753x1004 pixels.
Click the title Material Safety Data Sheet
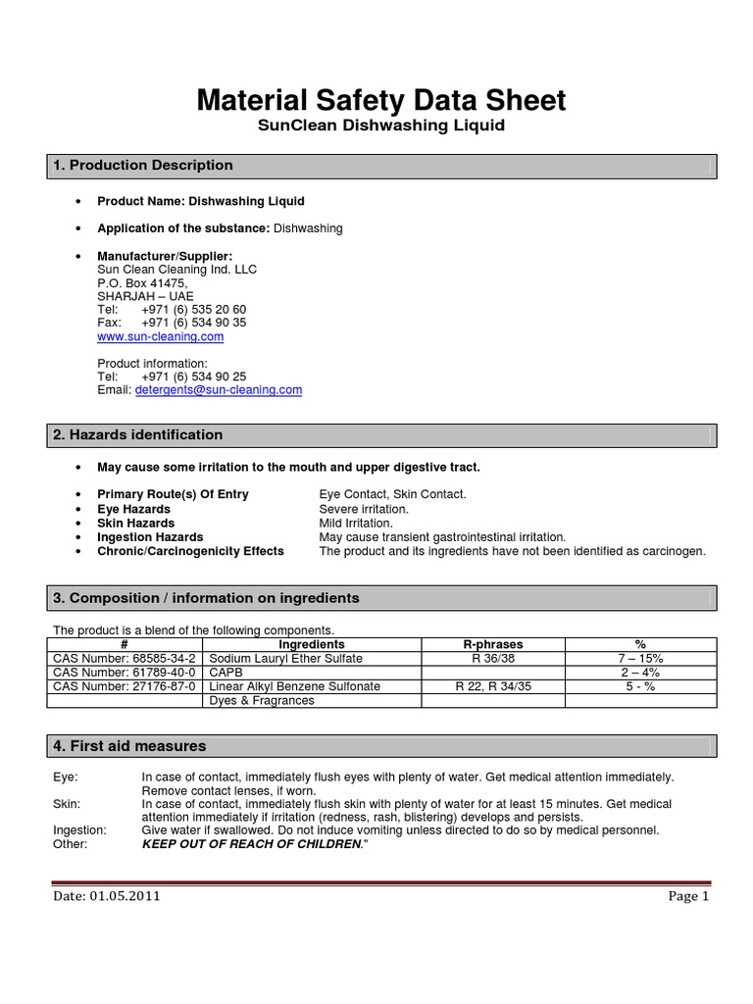click(x=381, y=100)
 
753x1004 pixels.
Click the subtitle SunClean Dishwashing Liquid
click(x=381, y=126)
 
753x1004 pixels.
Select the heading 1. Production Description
click(x=143, y=166)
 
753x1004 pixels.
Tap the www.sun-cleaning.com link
click(x=160, y=336)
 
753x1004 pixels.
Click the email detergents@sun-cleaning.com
click(x=218, y=389)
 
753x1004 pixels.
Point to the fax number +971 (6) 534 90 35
click(x=193, y=323)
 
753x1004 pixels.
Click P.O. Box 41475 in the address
click(x=141, y=282)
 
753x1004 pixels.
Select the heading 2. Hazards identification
click(x=138, y=434)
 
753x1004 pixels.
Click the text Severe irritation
click(x=364, y=509)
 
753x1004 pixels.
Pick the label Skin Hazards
click(x=135, y=523)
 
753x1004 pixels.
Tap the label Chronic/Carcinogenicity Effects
click(x=190, y=551)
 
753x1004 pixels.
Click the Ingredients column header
click(x=312, y=644)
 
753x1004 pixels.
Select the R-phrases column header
click(x=492, y=644)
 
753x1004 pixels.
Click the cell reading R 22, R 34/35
click(x=492, y=686)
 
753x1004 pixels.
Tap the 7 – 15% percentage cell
click(x=640, y=659)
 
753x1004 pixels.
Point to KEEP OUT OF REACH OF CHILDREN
click(x=252, y=844)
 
